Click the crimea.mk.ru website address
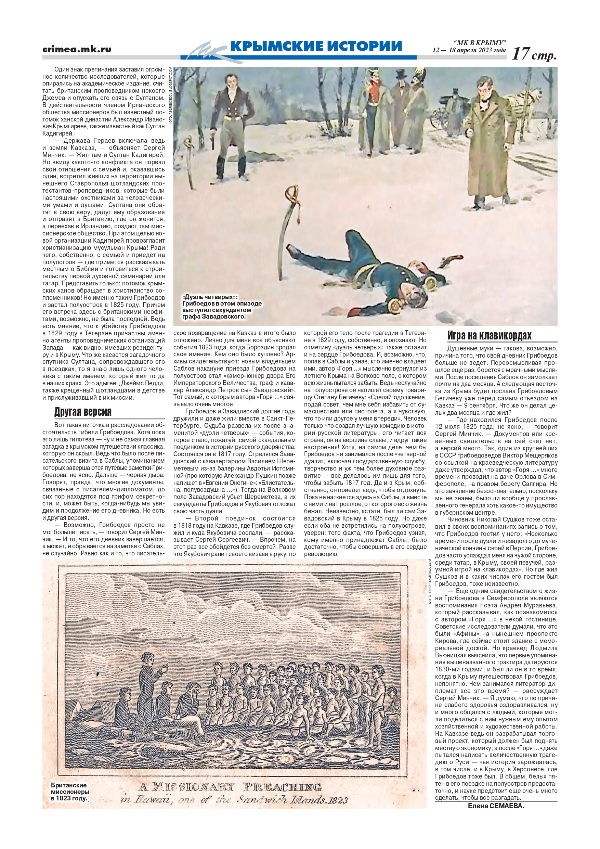pos(77,49)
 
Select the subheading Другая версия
pos(83,412)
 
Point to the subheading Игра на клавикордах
pos(489,336)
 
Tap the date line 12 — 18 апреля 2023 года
pos(469,50)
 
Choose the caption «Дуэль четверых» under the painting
pos(222,307)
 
